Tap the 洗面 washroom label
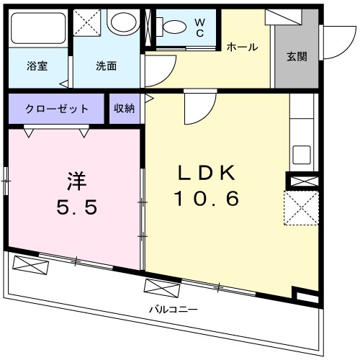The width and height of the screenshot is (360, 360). tap(107, 66)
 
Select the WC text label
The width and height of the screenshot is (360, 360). tap(200, 28)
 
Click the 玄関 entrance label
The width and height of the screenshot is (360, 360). tap(296, 56)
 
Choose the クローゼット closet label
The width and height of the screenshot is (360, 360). tap(57, 109)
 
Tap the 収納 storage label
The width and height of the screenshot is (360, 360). tap(123, 109)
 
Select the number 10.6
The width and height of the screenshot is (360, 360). tap(206, 199)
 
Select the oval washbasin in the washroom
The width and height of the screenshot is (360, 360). tap(122, 24)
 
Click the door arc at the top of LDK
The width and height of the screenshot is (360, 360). tap(195, 108)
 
